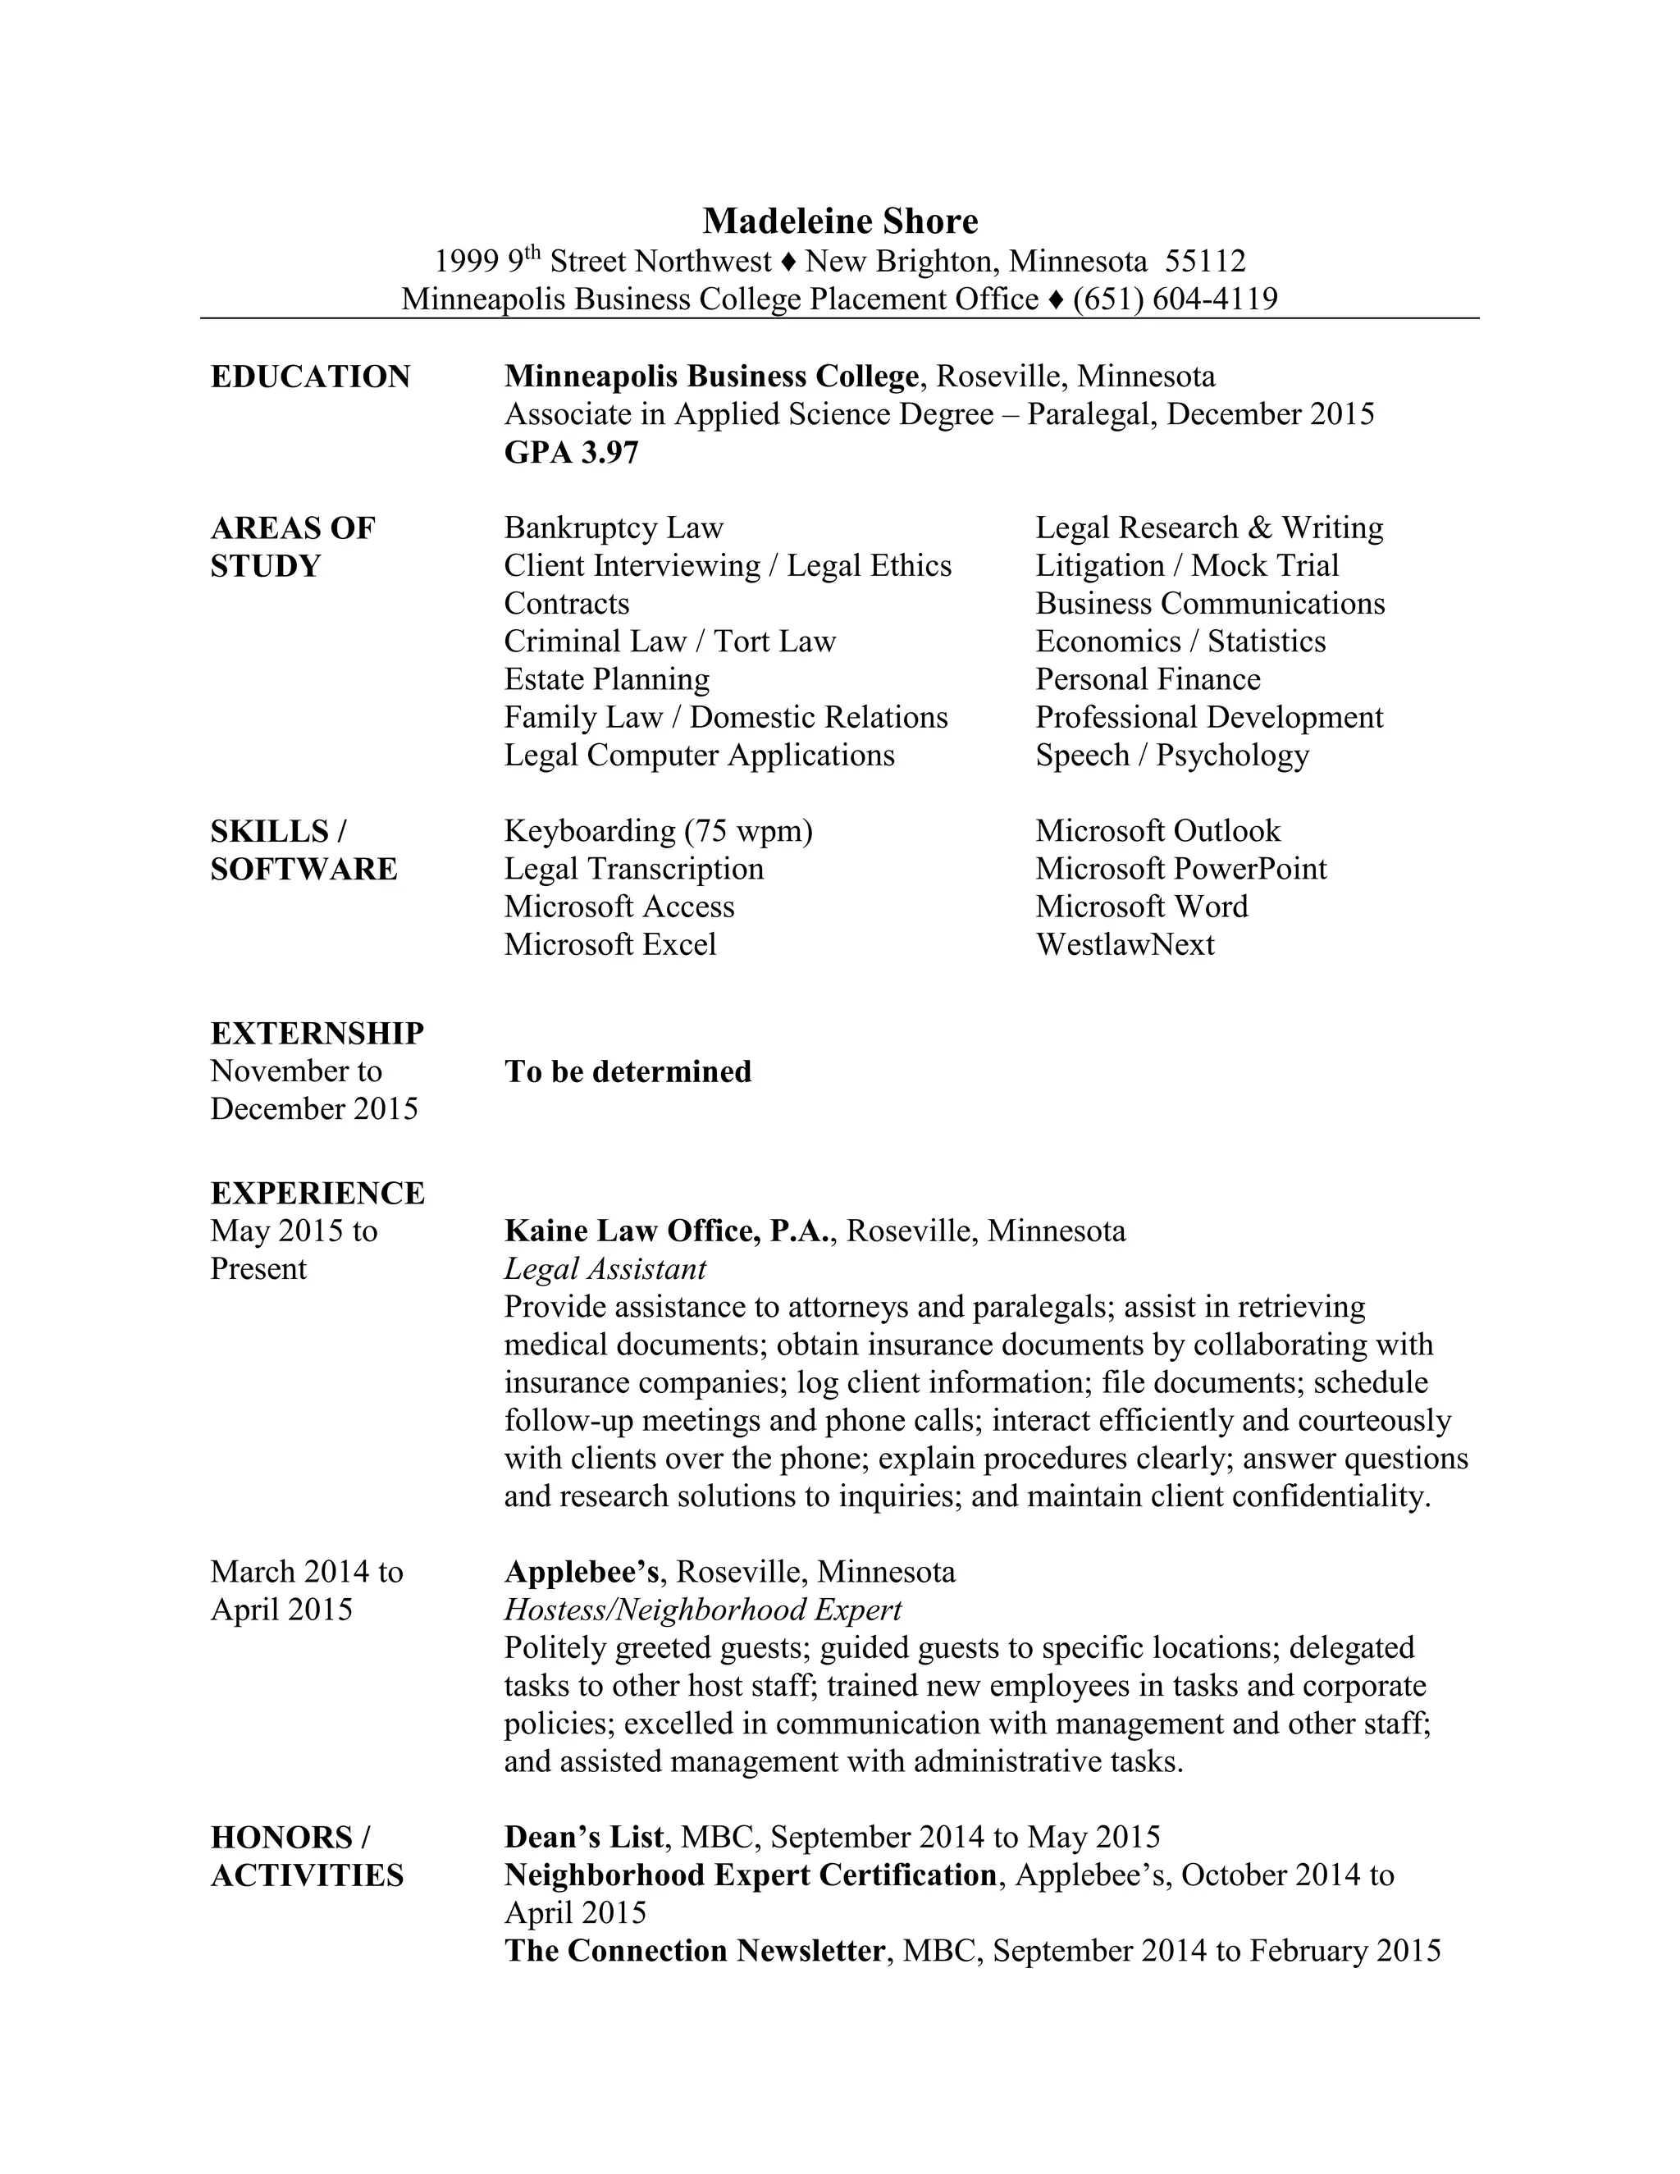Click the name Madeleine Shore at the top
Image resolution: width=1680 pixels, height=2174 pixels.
pyautogui.click(x=840, y=221)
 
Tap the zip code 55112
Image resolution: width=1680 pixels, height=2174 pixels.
pyautogui.click(x=1205, y=262)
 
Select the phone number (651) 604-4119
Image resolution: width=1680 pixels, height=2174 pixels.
pyautogui.click(x=1175, y=299)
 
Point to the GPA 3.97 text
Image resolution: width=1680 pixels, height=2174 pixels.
pyautogui.click(x=571, y=453)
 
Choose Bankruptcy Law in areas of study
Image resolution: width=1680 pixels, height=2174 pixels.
pyautogui.click(x=613, y=528)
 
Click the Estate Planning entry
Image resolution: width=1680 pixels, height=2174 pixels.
pyautogui.click(x=606, y=680)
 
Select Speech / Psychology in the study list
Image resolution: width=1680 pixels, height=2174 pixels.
pyautogui.click(x=1171, y=756)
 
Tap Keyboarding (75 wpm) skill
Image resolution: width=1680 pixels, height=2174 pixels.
pyautogui.click(x=658, y=831)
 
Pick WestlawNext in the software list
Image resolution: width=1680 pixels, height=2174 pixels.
pyautogui.click(x=1125, y=944)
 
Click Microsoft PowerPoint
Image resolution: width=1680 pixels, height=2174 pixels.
pyautogui.click(x=1180, y=869)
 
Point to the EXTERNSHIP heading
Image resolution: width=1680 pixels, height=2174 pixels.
pyautogui.click(x=317, y=1033)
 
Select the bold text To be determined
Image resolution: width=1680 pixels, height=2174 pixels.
pyautogui.click(x=627, y=1072)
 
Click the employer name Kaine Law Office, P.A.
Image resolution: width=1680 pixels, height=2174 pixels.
pyautogui.click(x=667, y=1231)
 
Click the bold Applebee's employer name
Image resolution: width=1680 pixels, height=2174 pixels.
pyautogui.click(x=582, y=1572)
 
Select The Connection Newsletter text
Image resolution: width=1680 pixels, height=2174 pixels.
pyautogui.click(x=694, y=1950)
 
